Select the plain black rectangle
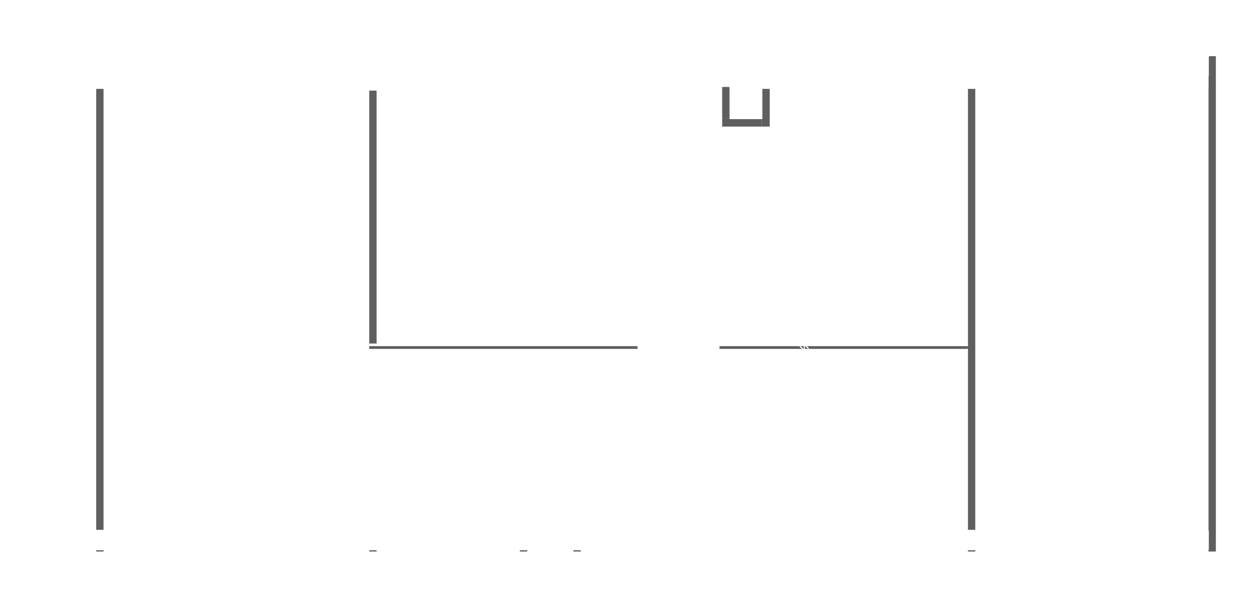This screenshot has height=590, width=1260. click(1206, 47)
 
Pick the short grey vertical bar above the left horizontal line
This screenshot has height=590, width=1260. click(373, 217)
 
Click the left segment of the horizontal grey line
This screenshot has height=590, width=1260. click(503, 348)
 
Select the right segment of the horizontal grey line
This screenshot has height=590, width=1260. click(843, 348)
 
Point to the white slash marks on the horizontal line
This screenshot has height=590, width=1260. click(804, 347)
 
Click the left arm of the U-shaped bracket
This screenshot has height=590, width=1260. click(726, 103)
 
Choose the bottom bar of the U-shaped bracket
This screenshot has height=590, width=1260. click(746, 123)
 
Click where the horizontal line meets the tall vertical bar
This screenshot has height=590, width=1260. click(971, 348)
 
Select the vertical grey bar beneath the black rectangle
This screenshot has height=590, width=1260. click(1212, 303)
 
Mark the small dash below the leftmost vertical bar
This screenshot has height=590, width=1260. click(100, 551)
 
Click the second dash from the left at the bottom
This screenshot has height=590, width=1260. click(373, 551)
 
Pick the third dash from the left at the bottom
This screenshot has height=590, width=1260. click(524, 551)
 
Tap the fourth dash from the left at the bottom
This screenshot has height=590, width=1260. click(577, 551)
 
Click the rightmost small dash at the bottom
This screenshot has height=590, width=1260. click(971, 551)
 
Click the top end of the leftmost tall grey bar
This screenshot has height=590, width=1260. click(100, 91)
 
